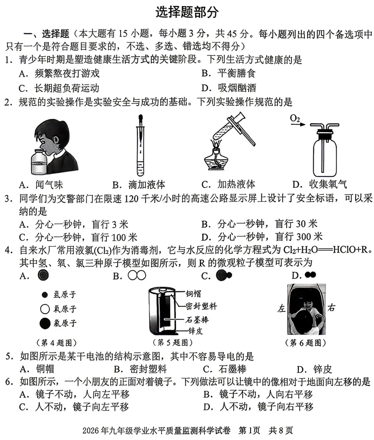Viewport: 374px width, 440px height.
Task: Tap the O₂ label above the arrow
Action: tap(295, 118)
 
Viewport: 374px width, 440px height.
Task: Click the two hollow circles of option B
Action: tap(137, 276)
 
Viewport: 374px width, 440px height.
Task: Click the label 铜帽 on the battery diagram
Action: tap(193, 294)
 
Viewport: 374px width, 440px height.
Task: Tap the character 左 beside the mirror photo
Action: tap(281, 308)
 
